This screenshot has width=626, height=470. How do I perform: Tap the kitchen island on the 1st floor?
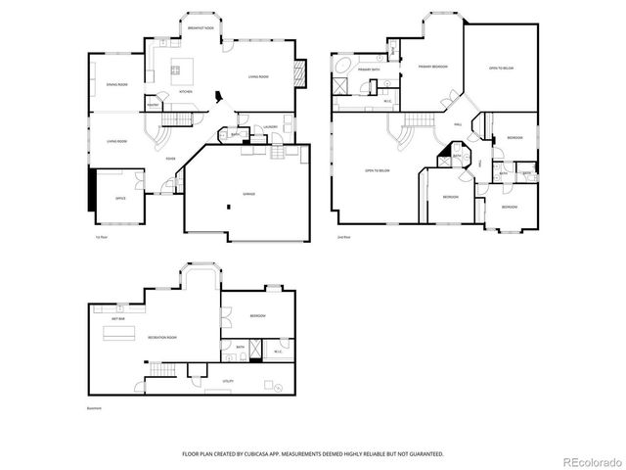click(180, 68)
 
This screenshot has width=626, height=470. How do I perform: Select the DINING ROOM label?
click(117, 85)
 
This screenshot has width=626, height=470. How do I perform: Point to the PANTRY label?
click(154, 104)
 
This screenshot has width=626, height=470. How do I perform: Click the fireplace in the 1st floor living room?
click(302, 72)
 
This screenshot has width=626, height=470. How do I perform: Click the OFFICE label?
click(120, 198)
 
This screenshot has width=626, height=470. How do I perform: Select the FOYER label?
click(170, 158)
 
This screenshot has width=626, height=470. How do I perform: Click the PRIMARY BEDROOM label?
click(432, 67)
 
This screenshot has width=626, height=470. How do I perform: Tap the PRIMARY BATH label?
click(369, 70)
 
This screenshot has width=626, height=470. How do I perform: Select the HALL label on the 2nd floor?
click(458, 123)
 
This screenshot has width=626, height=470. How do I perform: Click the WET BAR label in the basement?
click(117, 319)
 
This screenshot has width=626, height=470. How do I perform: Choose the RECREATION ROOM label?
click(162, 338)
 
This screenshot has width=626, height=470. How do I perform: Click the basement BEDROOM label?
click(256, 315)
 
